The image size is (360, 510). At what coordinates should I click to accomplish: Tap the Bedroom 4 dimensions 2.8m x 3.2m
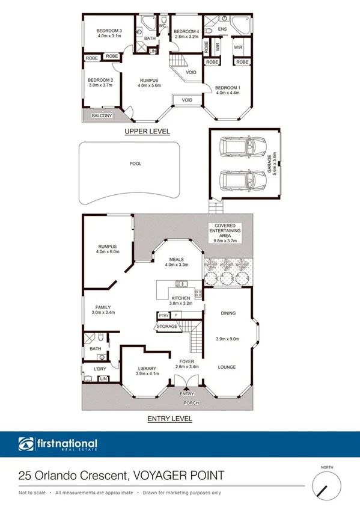(x=186, y=37)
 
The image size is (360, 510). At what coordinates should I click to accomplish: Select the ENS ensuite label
(x=222, y=29)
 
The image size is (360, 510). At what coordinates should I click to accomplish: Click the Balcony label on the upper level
(x=100, y=115)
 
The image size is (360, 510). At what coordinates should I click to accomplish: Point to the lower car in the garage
(x=239, y=179)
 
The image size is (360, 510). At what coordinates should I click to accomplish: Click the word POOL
(x=136, y=163)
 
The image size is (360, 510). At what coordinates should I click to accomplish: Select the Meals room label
(x=176, y=260)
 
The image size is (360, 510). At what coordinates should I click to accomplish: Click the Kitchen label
(x=181, y=298)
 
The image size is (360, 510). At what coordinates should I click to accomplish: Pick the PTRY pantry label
(x=163, y=315)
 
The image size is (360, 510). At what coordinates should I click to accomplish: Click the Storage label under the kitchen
(x=166, y=326)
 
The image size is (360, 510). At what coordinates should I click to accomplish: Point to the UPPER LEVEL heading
(x=147, y=131)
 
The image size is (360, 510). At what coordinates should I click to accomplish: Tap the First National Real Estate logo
(x=58, y=446)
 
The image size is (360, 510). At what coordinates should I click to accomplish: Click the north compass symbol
(x=325, y=484)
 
